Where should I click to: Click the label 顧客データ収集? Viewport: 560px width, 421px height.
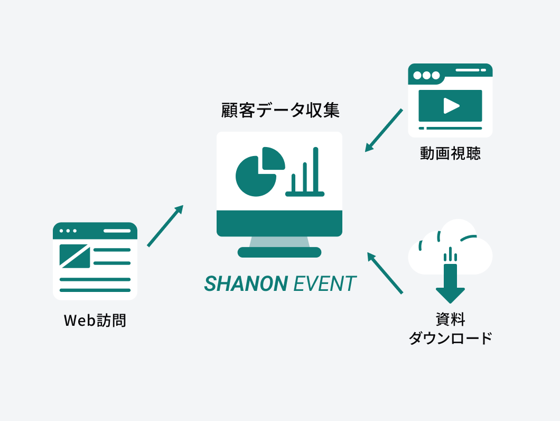point(280,111)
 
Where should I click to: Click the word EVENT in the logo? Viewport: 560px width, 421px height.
point(324,284)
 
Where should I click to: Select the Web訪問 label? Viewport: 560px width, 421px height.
point(95,321)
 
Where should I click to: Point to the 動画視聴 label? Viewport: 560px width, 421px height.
point(450,153)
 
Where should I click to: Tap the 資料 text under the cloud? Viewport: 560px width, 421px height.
point(450,319)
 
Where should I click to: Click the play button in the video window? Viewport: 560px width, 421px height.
point(451,106)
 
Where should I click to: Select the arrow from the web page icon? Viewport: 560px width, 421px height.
point(165,226)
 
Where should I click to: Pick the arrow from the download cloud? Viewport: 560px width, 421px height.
point(385,272)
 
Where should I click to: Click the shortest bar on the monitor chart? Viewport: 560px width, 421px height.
point(293,182)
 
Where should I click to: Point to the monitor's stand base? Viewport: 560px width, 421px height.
point(279,252)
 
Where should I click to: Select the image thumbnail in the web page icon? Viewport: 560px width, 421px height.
point(74,255)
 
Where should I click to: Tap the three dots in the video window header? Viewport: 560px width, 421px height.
point(426,75)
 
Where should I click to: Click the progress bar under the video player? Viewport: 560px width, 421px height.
point(451,128)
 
